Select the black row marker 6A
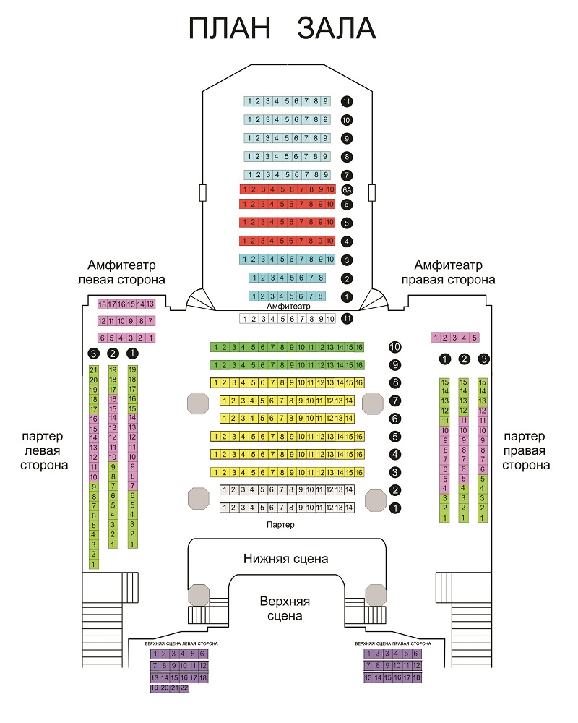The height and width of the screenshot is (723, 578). coord(347,189)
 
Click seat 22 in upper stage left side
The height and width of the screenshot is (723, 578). coord(184,688)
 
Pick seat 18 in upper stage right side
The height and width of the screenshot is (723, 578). coord(416,677)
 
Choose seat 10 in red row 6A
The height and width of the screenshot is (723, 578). coord(329,189)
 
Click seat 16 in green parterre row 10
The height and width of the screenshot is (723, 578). coord(359,348)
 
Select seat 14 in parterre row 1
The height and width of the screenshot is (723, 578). coord(350,508)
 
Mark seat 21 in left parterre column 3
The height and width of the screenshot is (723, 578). coord(93,370)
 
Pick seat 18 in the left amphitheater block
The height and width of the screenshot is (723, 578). coord(103,304)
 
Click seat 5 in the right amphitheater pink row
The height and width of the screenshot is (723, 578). coord(474,338)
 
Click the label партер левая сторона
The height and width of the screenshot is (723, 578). coord(44,450)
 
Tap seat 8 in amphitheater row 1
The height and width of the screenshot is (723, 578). coord(319,296)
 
